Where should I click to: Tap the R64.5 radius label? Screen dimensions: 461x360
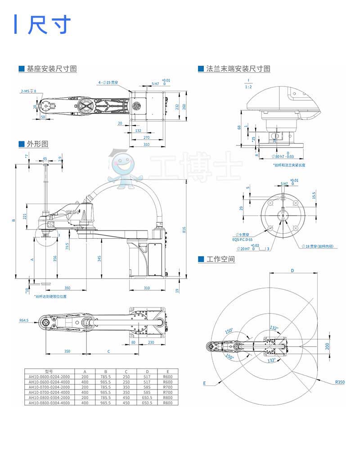(24, 321)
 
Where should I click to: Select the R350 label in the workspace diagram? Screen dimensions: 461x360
(339, 382)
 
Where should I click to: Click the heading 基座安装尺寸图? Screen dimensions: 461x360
(51, 69)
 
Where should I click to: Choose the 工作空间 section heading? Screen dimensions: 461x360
(220, 259)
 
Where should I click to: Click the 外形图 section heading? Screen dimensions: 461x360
(37, 144)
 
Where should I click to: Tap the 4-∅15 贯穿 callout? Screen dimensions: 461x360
(108, 83)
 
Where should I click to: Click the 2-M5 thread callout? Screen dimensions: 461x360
(28, 91)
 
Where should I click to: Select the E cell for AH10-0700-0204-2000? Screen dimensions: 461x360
(167, 387)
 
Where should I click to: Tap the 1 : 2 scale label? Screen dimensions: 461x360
(248, 86)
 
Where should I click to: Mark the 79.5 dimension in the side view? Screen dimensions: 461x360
(67, 246)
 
